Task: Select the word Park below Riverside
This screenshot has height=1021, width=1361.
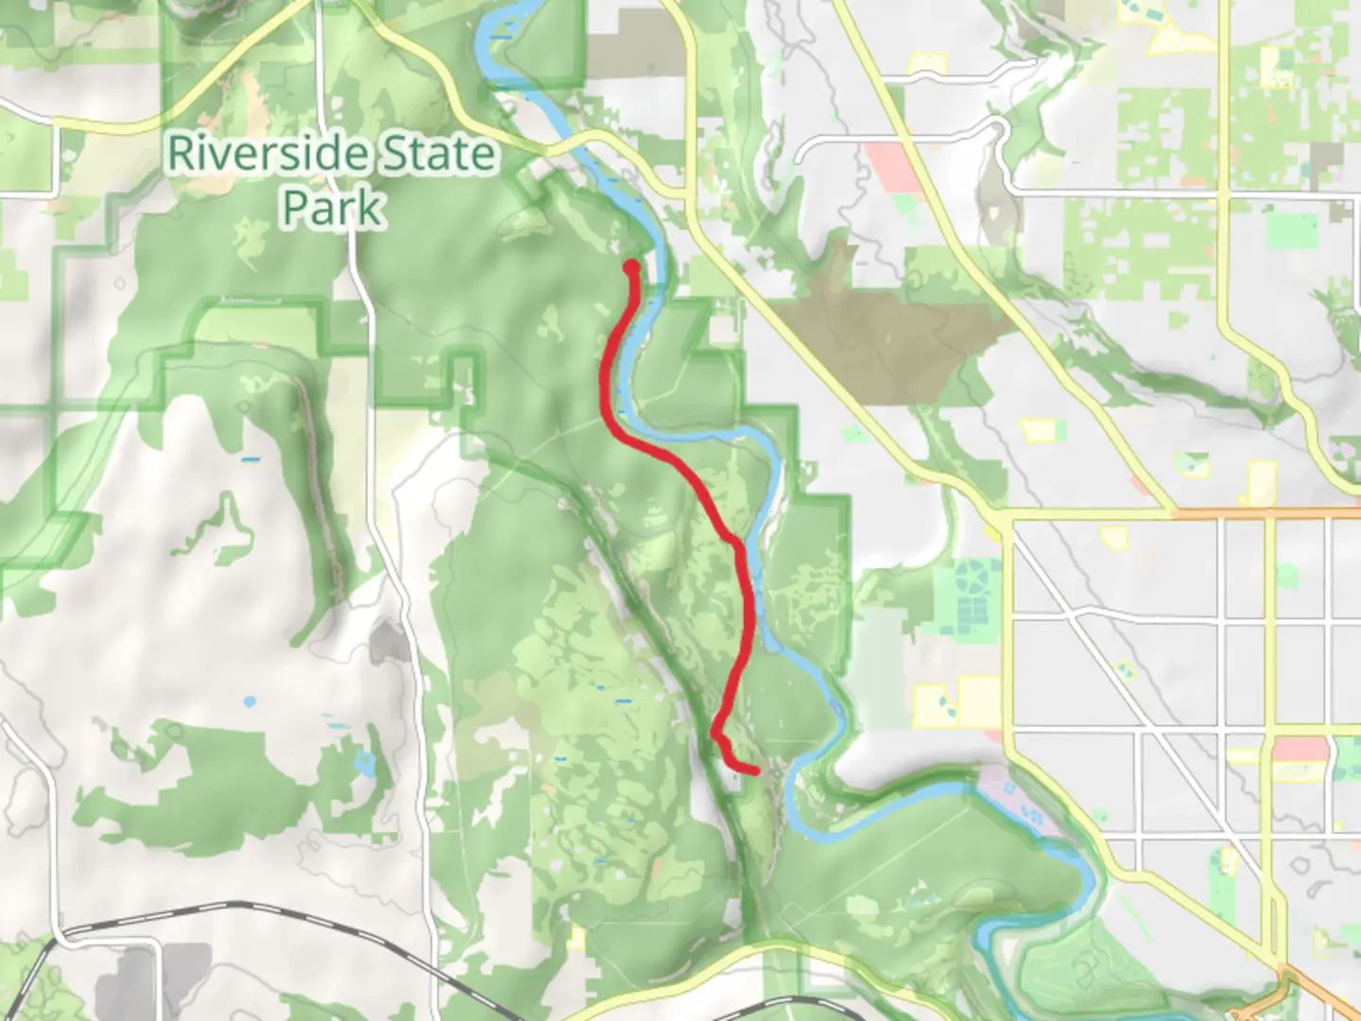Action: (334, 208)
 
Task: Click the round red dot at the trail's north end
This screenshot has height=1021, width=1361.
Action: (631, 268)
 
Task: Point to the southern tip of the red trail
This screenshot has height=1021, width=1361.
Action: (755, 771)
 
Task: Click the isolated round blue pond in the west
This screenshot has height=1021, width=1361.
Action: (249, 701)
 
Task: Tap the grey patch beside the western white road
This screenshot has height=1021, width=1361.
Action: (388, 643)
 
